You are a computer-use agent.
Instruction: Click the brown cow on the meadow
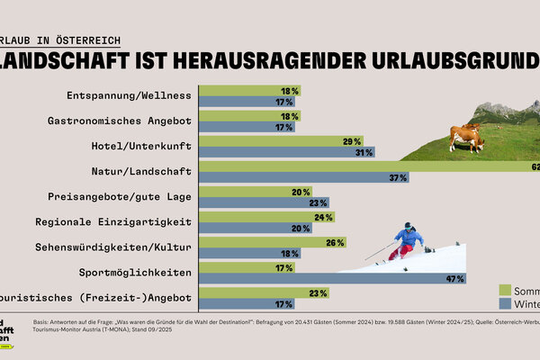point(465,138)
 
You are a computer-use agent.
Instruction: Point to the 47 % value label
point(453,279)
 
